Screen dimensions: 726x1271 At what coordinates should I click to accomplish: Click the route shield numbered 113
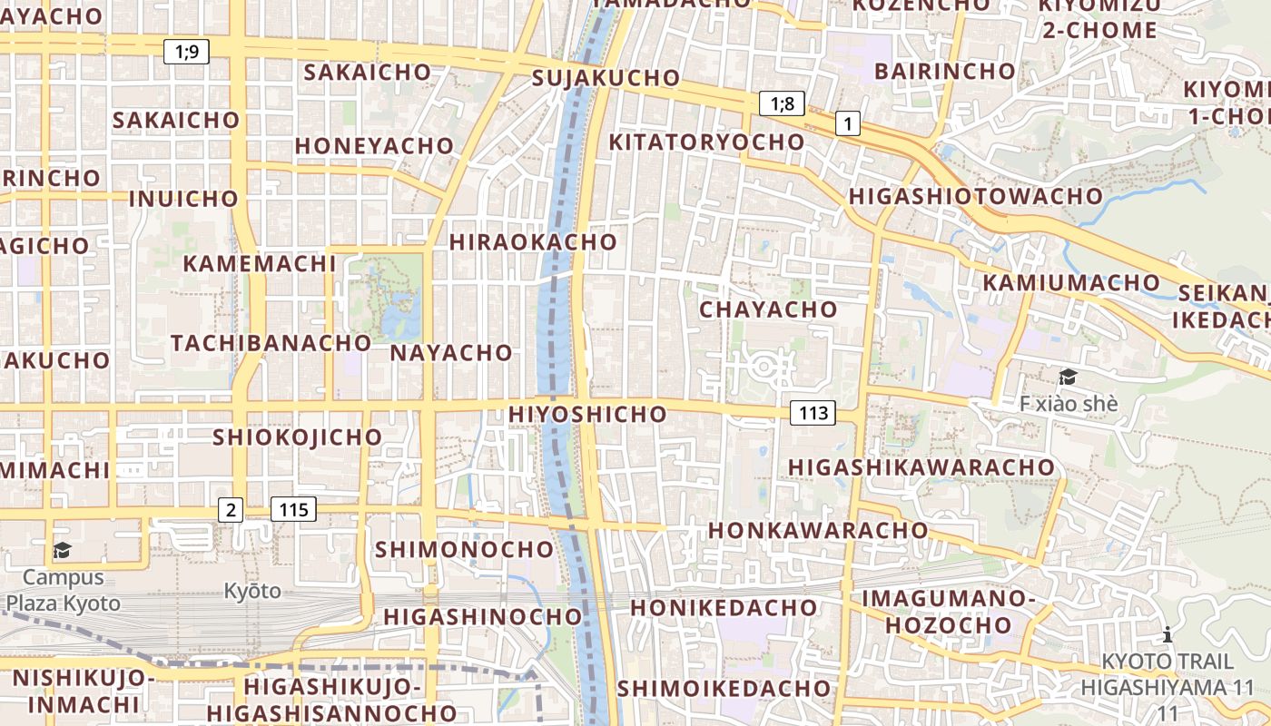(813, 414)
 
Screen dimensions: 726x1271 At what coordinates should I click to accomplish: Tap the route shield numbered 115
(294, 510)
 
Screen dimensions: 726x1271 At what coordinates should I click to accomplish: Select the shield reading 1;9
(186, 52)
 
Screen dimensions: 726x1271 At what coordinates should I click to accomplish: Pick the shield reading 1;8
(782, 103)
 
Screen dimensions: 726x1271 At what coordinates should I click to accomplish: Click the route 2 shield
(231, 510)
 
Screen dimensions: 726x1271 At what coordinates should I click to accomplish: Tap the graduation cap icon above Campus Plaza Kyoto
(62, 550)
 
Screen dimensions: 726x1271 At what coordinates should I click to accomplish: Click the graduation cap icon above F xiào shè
(1068, 377)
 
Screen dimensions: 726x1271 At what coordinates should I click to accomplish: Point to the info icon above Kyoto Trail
(1168, 634)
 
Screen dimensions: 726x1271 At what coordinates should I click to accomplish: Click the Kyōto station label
(252, 592)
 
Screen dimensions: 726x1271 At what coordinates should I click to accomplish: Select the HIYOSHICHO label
(588, 414)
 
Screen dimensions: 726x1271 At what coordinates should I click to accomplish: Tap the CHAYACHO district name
(768, 309)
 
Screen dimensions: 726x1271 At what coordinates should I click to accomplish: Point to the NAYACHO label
(451, 353)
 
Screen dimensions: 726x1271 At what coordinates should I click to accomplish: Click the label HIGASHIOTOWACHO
(976, 196)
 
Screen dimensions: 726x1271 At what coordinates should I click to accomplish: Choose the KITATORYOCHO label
(706, 142)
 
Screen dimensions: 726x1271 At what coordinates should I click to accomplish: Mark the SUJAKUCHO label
(606, 78)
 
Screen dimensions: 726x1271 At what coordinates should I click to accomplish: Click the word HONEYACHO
(374, 145)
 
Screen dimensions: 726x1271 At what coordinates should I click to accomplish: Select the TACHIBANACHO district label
(271, 343)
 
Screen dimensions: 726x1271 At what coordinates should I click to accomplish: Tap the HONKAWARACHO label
(818, 530)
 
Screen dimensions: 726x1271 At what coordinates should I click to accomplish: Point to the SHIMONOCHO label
(464, 549)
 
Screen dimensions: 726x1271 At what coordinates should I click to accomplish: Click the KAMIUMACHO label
(1071, 283)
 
